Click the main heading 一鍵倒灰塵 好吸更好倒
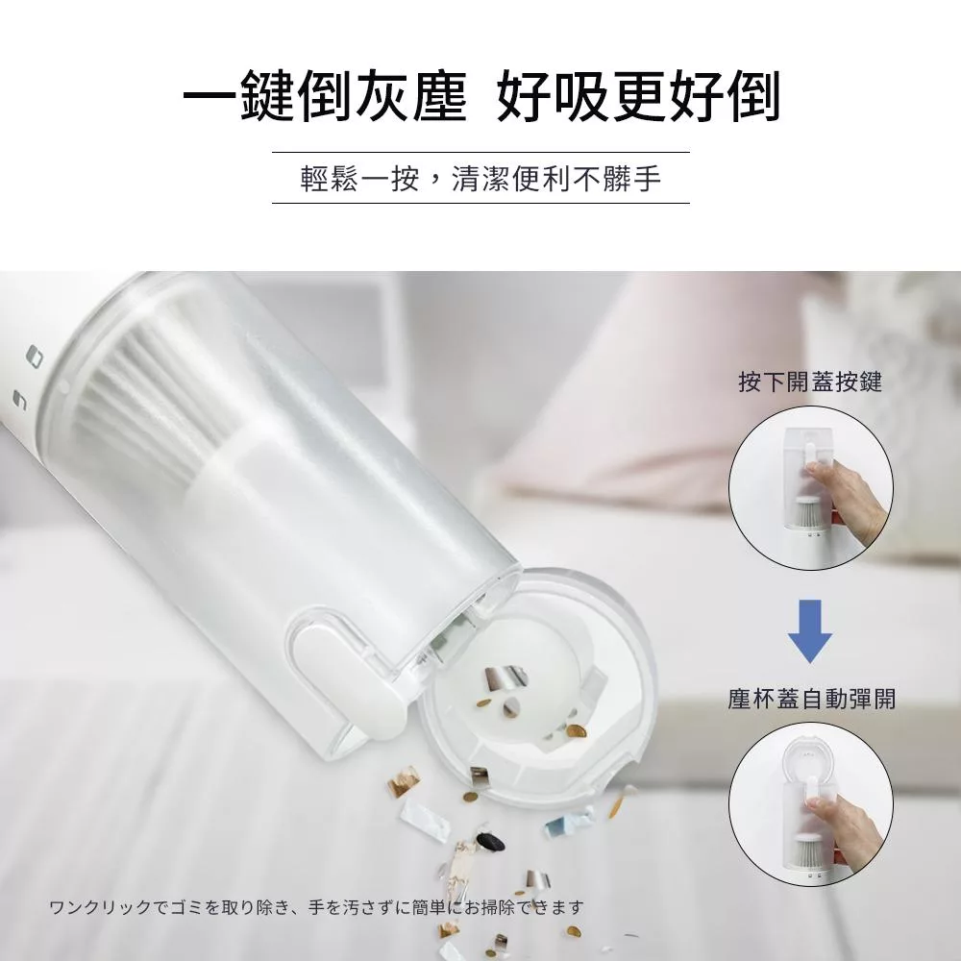click(481, 97)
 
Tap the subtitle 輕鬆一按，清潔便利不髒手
click(480, 179)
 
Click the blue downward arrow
click(809, 631)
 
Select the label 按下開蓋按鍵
click(810, 382)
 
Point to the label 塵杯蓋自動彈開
click(811, 699)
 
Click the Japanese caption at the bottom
click(316, 906)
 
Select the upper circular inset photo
click(810, 488)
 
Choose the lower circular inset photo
click(810, 804)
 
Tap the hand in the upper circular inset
click(846, 497)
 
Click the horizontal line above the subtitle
click(480, 152)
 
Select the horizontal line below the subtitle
click(480, 203)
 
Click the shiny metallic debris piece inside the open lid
click(505, 678)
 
